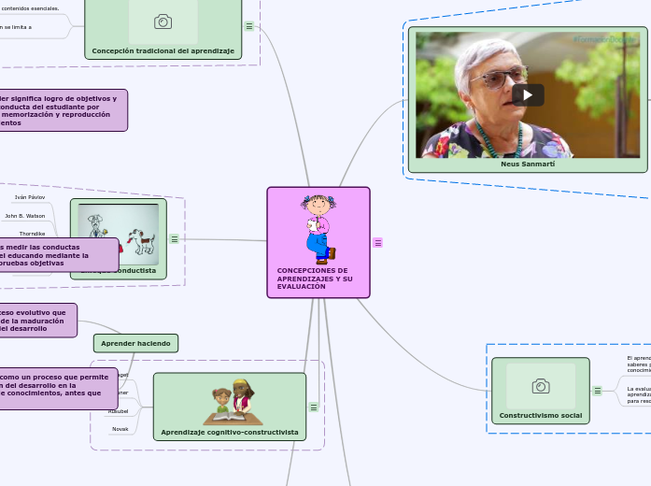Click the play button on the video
(x=528, y=94)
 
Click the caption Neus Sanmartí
(x=528, y=164)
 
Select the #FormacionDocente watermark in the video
(x=602, y=40)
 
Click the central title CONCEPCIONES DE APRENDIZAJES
(x=315, y=278)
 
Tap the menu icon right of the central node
(x=378, y=242)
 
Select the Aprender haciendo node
(x=135, y=343)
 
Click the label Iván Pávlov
(x=30, y=198)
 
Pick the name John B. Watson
(x=25, y=216)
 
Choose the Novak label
(x=120, y=429)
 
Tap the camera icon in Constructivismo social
(x=540, y=386)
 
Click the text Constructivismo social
(x=540, y=414)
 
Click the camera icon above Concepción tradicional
(x=163, y=21)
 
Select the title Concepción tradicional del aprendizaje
(x=163, y=50)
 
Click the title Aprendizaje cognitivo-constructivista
(x=230, y=432)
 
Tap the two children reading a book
(x=231, y=402)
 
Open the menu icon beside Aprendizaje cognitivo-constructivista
(x=314, y=407)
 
